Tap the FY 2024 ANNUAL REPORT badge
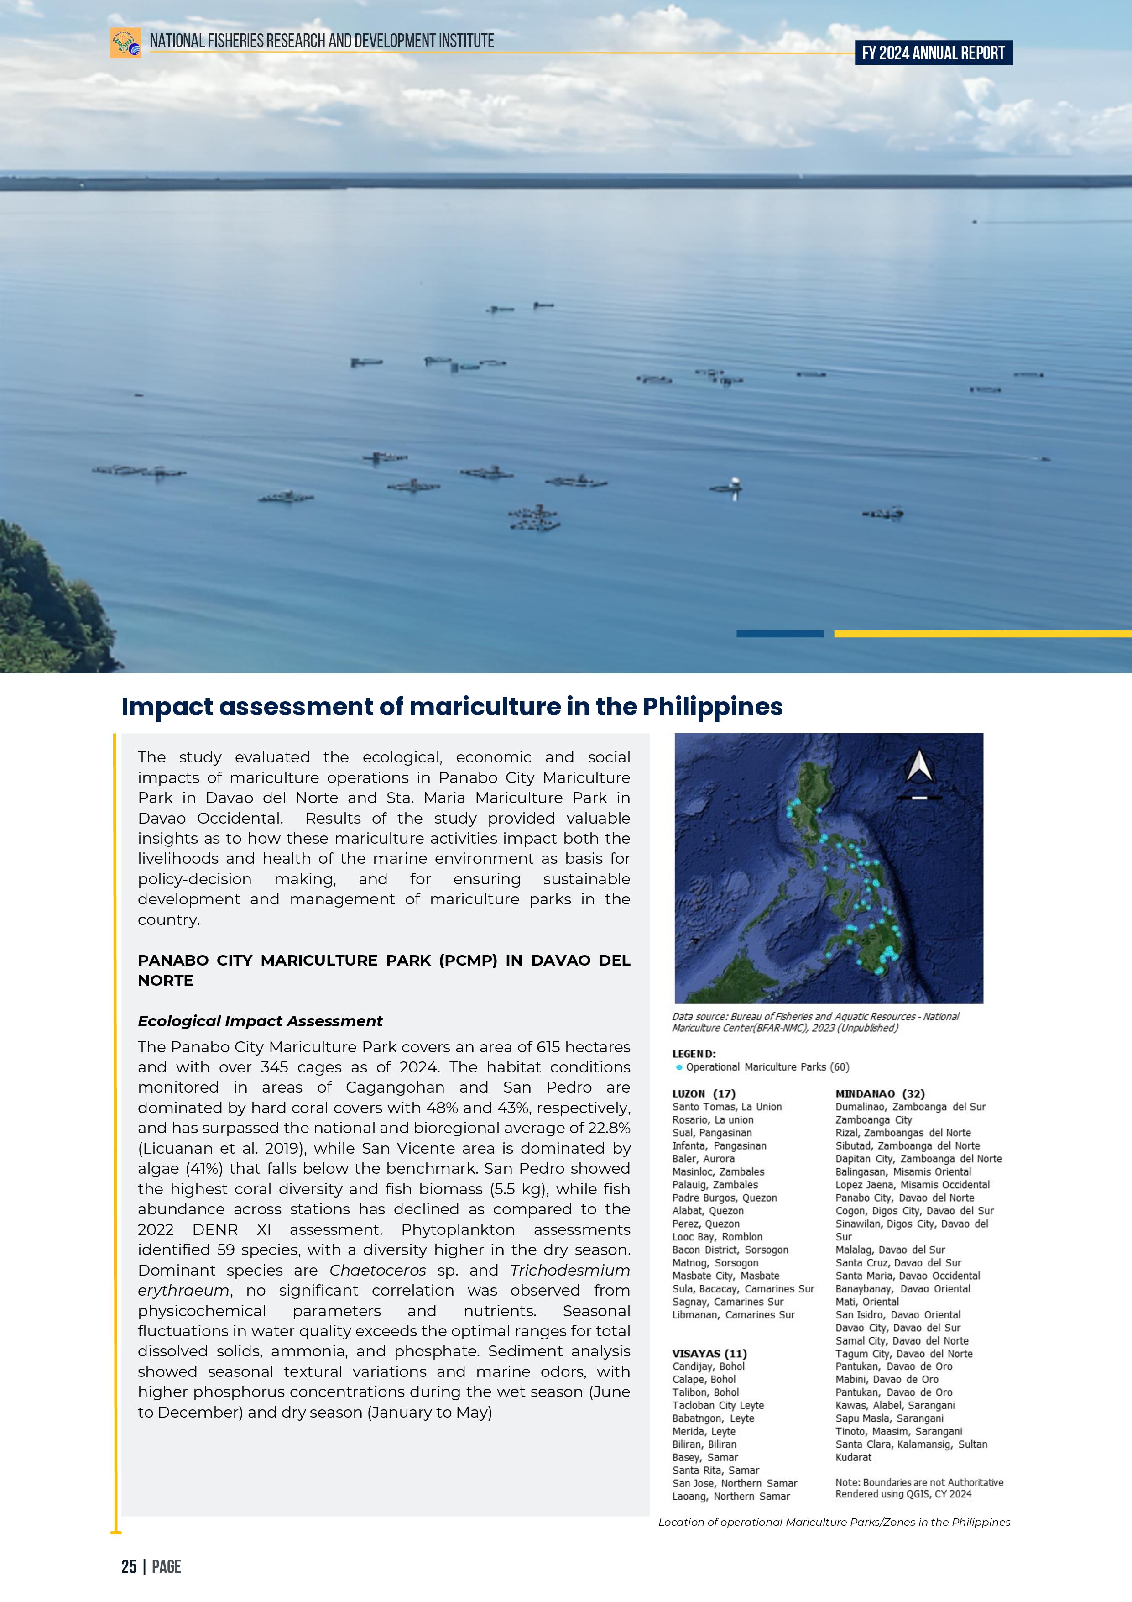[x=933, y=53]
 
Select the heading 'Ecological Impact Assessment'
[x=260, y=1021]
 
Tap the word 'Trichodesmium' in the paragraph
[x=570, y=1270]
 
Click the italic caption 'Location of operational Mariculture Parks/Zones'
[x=834, y=1522]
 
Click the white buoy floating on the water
[x=734, y=483]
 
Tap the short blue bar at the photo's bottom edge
[x=780, y=634]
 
